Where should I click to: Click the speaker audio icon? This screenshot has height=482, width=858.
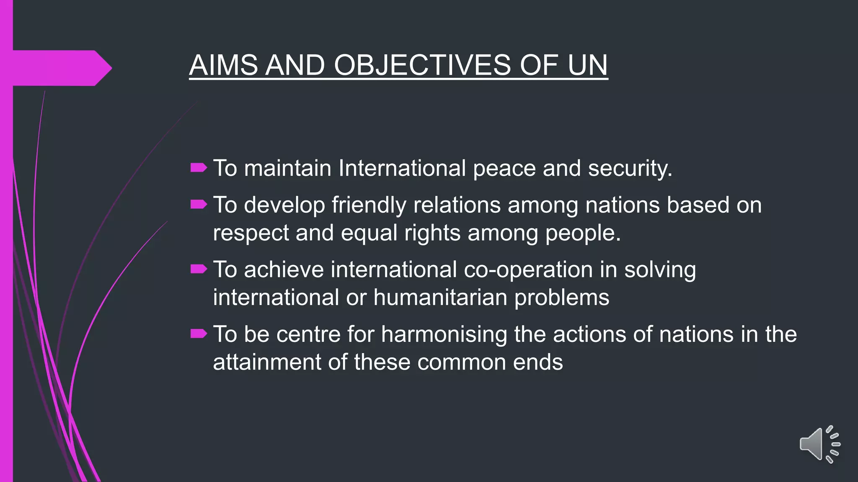click(819, 444)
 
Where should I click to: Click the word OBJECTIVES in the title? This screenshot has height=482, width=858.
click(422, 65)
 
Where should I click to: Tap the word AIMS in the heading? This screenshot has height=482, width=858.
click(223, 65)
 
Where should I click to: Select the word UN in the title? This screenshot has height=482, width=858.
click(587, 65)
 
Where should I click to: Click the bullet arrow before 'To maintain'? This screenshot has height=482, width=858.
click(199, 168)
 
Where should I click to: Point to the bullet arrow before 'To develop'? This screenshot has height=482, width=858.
click(199, 205)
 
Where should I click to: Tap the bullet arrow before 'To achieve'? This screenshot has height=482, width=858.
click(199, 269)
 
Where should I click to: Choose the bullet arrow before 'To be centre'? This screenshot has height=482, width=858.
click(199, 333)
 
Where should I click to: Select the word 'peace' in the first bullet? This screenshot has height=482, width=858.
click(504, 169)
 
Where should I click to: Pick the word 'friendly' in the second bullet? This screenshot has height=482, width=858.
click(369, 205)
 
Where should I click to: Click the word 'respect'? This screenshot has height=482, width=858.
click(251, 233)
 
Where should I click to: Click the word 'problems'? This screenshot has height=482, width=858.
click(562, 298)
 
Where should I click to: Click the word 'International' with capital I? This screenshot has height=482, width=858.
click(402, 169)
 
